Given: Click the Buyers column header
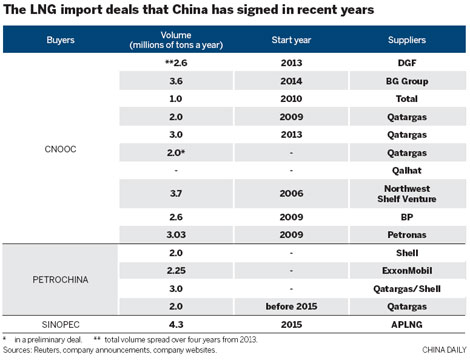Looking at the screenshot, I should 60,43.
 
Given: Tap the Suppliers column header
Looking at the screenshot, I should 405,43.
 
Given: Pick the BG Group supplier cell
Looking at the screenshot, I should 405,83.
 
